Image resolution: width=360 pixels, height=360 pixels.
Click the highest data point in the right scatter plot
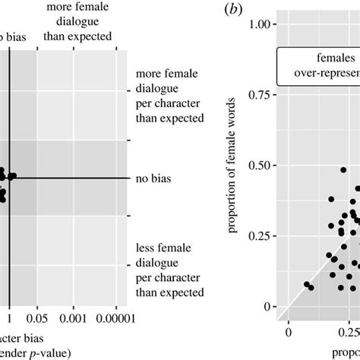click(343, 171)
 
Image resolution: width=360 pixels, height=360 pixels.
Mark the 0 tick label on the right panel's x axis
click(288, 333)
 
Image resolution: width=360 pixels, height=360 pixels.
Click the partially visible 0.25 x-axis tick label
click(349, 333)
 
